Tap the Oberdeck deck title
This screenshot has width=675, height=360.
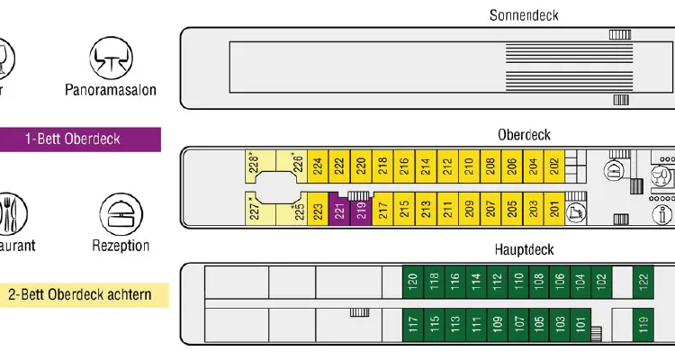(524, 134)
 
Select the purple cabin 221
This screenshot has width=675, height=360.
(338, 211)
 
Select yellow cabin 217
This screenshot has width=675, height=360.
(382, 211)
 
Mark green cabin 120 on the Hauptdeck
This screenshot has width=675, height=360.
(412, 282)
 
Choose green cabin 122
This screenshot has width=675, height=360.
(643, 282)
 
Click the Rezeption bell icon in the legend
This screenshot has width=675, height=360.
(120, 213)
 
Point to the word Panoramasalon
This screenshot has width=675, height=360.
(111, 89)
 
